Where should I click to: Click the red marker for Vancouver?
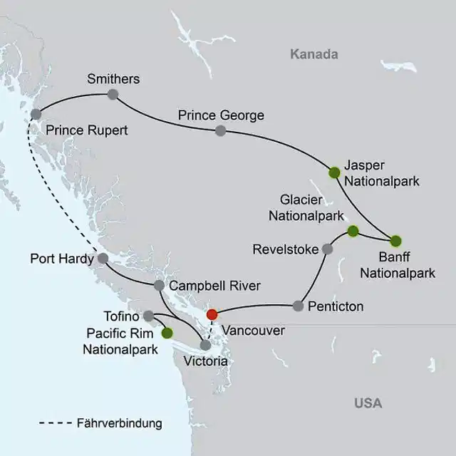pyautogui.click(x=211, y=314)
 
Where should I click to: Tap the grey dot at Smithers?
pyautogui.click(x=113, y=94)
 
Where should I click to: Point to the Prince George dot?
pyautogui.click(x=220, y=130)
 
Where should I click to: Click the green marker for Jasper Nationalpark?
pyautogui.click(x=333, y=172)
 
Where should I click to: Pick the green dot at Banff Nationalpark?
pyautogui.click(x=395, y=239)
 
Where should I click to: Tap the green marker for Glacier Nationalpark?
pyautogui.click(x=352, y=230)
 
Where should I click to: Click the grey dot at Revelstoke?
pyautogui.click(x=327, y=249)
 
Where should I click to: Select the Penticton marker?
pyautogui.click(x=298, y=306)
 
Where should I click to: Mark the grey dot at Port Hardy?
pyautogui.click(x=102, y=258)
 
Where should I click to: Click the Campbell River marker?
pyautogui.click(x=159, y=286)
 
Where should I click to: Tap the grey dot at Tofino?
pyautogui.click(x=148, y=315)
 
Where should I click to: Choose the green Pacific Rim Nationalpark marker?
pyautogui.click(x=167, y=332)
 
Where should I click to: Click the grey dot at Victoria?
pyautogui.click(x=205, y=345)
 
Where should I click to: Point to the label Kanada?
pyautogui.click(x=313, y=54)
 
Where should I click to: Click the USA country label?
pyautogui.click(x=368, y=403)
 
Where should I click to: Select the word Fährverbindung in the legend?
pyautogui.click(x=119, y=423)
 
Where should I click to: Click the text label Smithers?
pyautogui.click(x=113, y=78)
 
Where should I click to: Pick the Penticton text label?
pyautogui.click(x=336, y=307)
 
